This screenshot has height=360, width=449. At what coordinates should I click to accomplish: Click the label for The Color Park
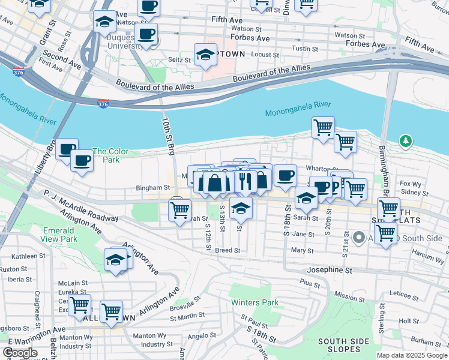tap(110, 156)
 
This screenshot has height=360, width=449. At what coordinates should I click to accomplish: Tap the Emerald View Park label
tap(59, 235)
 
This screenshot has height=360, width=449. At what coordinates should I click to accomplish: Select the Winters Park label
tap(257, 302)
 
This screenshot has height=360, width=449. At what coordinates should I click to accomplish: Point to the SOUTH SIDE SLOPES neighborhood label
tap(343, 345)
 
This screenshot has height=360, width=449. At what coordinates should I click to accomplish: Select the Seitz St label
tap(179, 59)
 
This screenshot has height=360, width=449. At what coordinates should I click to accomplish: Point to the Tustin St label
tap(304, 48)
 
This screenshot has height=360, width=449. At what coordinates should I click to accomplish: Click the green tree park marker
tap(406, 141)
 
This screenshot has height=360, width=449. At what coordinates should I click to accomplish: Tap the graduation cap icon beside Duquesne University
tap(104, 22)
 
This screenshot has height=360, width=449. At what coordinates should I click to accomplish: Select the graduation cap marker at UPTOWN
tap(205, 53)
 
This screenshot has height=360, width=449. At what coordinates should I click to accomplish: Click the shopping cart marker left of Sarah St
tap(179, 210)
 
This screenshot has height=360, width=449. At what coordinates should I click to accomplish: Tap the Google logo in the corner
tap(20, 353)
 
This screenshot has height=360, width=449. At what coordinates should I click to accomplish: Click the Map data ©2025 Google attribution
tap(412, 355)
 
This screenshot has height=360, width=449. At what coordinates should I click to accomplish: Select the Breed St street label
tap(228, 250)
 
